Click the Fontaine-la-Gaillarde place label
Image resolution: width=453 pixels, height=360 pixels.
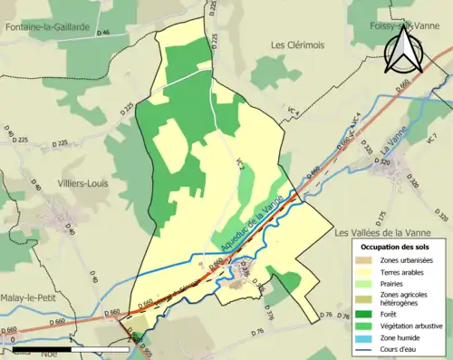[x=48, y=26]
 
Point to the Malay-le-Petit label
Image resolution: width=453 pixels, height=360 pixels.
[x=33, y=283]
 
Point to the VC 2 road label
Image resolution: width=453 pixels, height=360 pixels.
[x=241, y=166]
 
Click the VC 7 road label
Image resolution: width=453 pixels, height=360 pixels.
[x=431, y=139]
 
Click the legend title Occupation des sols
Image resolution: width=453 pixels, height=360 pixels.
[x=396, y=247]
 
